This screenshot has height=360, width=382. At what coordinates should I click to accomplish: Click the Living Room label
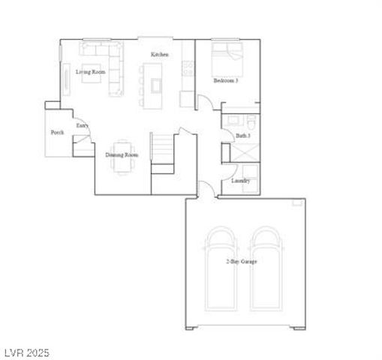89,72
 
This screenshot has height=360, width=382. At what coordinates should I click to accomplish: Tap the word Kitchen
159,55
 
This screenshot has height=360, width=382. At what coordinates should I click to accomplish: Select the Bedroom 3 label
225,80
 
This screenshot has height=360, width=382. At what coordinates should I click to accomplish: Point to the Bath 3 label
243,136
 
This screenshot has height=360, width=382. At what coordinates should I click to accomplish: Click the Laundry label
240,181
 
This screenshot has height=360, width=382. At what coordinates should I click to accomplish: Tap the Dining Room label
122,154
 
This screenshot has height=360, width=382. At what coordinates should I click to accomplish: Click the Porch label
57,132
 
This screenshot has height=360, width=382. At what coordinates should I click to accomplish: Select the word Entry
82,126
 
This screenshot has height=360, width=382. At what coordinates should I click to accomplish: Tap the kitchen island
155,79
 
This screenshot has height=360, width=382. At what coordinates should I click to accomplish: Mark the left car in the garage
222,268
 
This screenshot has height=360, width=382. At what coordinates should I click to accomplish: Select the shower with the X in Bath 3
242,153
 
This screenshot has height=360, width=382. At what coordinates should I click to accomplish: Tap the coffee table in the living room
88,73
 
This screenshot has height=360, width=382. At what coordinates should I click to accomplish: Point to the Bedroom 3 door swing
206,103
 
